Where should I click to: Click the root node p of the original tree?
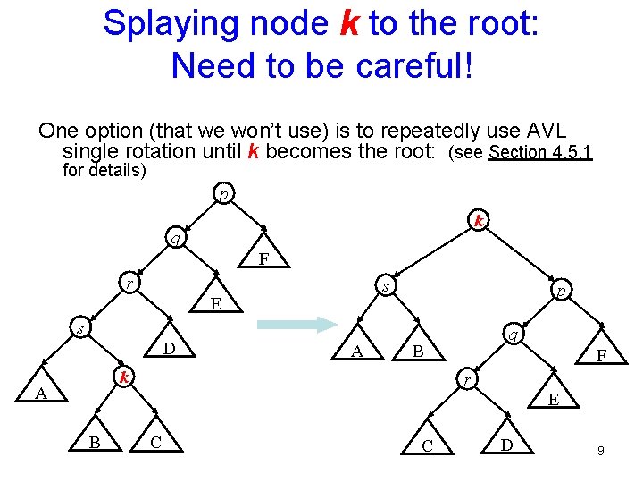pyautogui.click(x=223, y=192)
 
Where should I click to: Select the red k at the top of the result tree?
pyautogui.click(x=480, y=220)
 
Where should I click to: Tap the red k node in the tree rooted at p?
pyautogui.click(x=126, y=377)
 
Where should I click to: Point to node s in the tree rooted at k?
pyautogui.click(x=385, y=286)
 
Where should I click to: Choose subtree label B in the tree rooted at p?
pyautogui.click(x=95, y=441)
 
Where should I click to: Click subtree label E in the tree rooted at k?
pyautogui.click(x=554, y=399)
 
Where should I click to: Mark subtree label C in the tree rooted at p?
pyautogui.click(x=156, y=441)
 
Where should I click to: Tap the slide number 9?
pyautogui.click(x=601, y=452)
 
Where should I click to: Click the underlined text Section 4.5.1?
pyautogui.click(x=540, y=153)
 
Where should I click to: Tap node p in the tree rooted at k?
pyautogui.click(x=560, y=291)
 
